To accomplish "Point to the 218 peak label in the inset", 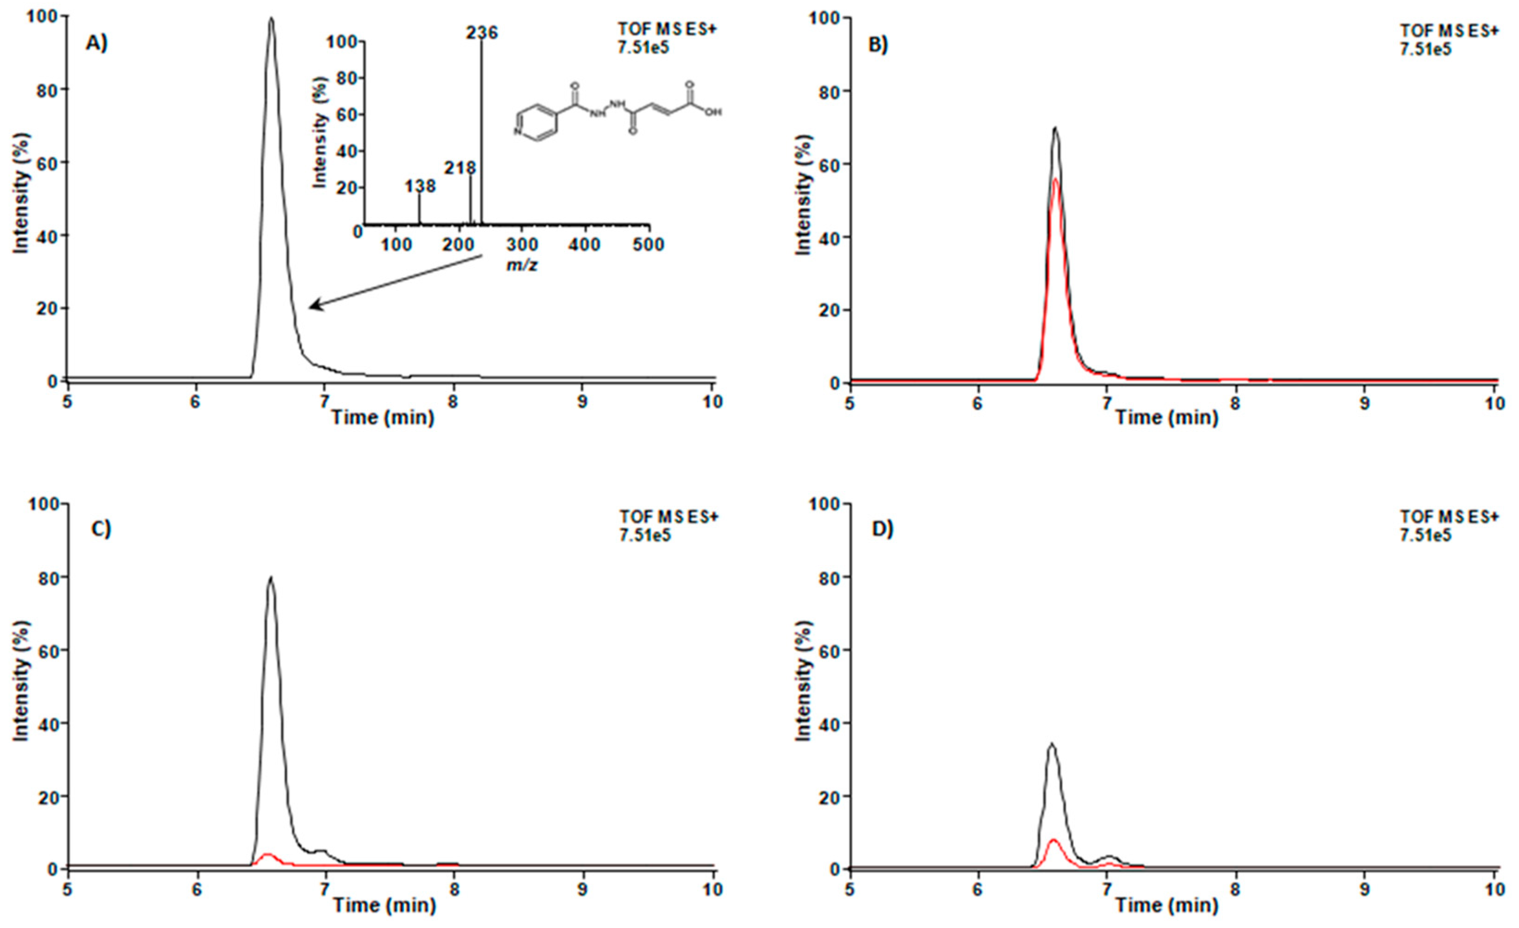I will (x=460, y=168).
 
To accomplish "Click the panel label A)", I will (x=96, y=43).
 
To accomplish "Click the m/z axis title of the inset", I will (x=521, y=267).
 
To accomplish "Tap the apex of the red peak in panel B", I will (x=1055, y=180).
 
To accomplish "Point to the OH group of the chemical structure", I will (x=713, y=112).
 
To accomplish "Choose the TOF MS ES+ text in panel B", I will (x=1448, y=31).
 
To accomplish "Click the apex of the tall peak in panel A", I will (x=271, y=19).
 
